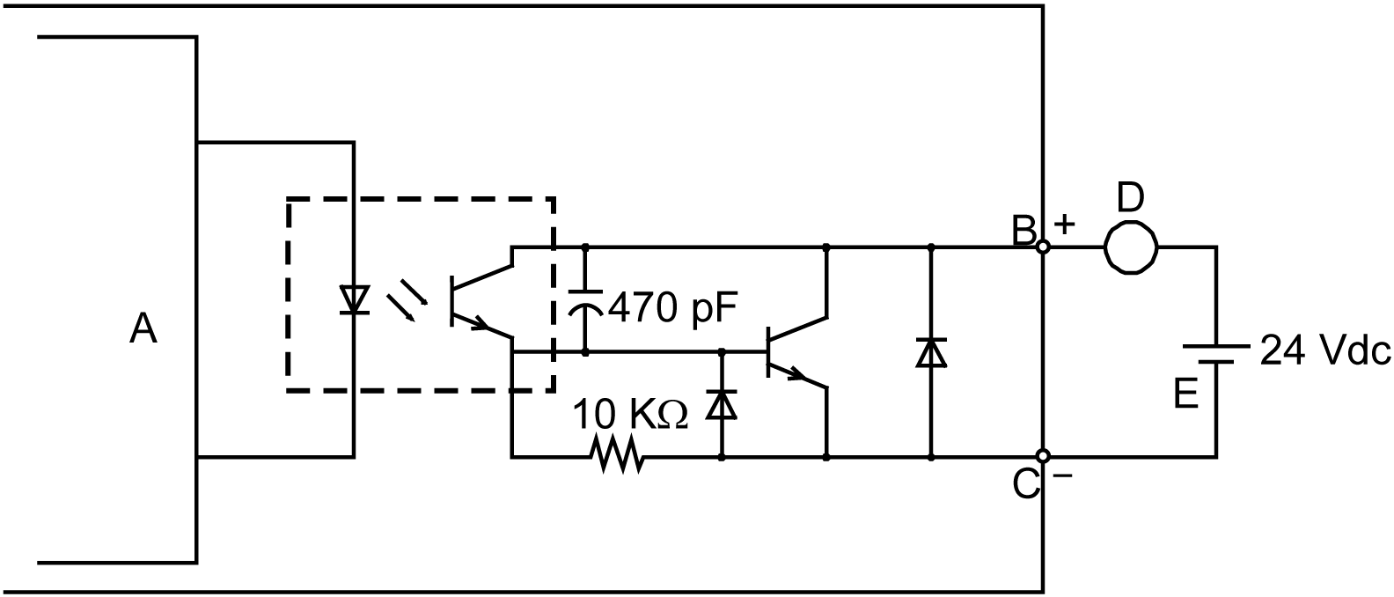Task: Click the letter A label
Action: point(143,330)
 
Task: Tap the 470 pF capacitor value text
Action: point(671,308)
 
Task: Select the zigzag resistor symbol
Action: point(620,456)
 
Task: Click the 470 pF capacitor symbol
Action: point(585,300)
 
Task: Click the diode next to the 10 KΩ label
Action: point(723,405)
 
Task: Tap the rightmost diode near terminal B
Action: point(931,352)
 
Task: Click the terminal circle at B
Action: point(1043,247)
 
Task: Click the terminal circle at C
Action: point(1043,456)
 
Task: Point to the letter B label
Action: point(1023,231)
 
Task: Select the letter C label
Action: point(1024,483)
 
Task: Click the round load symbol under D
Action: point(1131,247)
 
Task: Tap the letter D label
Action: point(1131,198)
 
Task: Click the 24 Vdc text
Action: point(1325,351)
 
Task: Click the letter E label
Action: point(1186,394)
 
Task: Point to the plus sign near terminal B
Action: point(1065,225)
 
